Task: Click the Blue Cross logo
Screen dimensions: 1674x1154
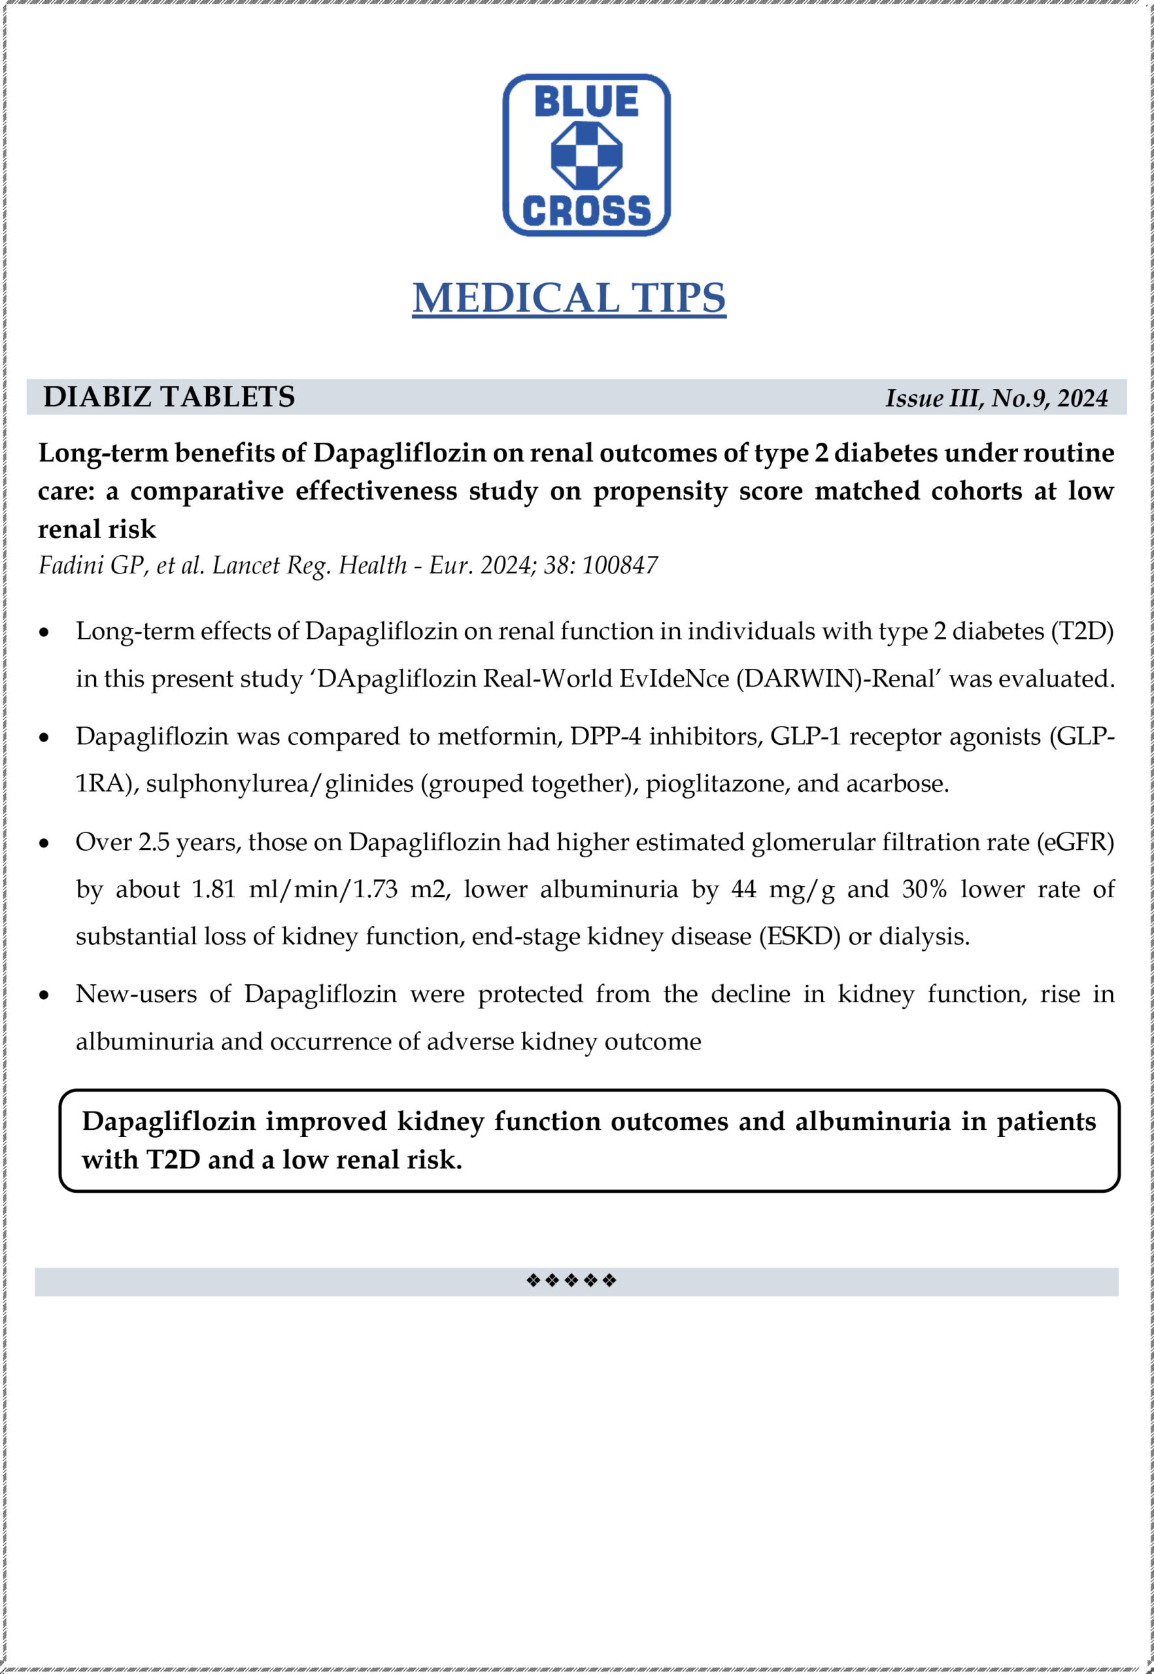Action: (x=586, y=155)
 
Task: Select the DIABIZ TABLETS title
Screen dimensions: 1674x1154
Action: (x=169, y=397)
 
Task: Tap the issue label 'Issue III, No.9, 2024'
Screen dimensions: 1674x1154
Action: (x=996, y=398)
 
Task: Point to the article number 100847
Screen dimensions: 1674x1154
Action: (x=620, y=565)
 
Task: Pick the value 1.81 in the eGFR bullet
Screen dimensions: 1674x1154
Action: (x=214, y=889)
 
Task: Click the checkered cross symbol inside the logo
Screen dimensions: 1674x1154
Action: (x=586, y=155)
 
